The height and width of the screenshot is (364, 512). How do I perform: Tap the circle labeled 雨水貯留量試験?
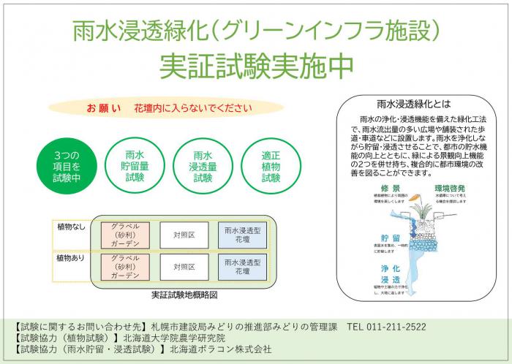(x=135, y=166)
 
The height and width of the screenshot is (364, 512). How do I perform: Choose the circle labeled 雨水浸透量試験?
(x=203, y=166)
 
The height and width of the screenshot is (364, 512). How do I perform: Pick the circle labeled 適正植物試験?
(x=271, y=166)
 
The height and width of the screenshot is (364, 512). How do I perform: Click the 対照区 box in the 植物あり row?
(x=183, y=268)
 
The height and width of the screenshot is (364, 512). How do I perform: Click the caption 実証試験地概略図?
(x=184, y=295)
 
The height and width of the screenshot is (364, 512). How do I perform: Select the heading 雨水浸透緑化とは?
(x=414, y=105)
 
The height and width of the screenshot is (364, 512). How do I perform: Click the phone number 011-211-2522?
(x=392, y=326)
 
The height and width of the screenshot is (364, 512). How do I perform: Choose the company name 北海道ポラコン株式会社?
(x=220, y=349)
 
